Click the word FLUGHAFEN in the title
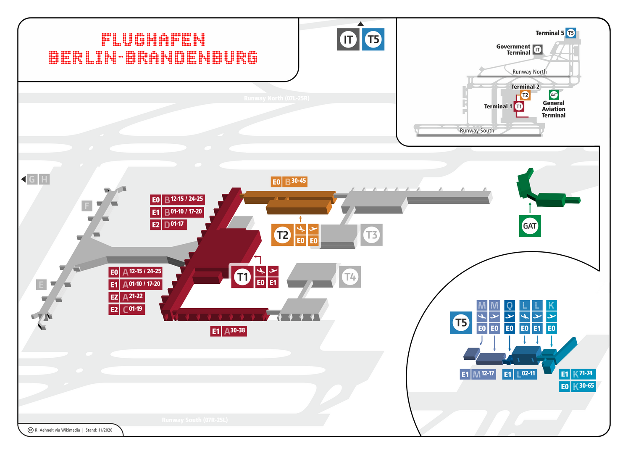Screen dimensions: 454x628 point(153,40)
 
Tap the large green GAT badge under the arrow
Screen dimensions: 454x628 point(530,226)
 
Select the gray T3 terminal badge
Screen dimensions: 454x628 point(372,235)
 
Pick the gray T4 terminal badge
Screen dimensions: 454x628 point(350,277)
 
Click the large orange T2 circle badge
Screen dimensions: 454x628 point(282,235)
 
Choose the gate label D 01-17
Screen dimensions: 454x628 point(173,224)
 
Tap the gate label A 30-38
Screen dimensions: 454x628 point(234,331)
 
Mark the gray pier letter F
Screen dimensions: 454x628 point(87,206)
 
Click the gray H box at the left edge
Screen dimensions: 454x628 point(44,179)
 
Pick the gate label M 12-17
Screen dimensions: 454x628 point(483,374)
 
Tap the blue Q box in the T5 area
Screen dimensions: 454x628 point(510,305)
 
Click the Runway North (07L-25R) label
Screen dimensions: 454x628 point(276,98)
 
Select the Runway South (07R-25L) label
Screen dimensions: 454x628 point(194,420)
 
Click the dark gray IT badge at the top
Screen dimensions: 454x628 point(348,40)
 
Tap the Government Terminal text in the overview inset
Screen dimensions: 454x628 point(513,50)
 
